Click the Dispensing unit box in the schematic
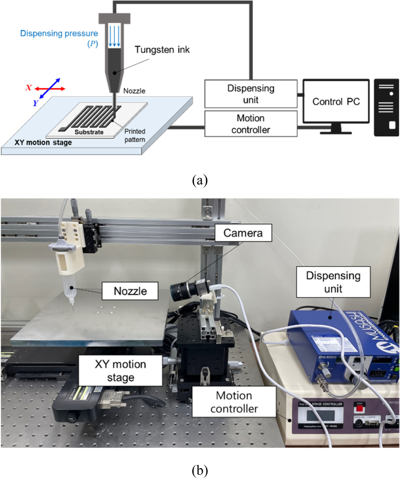coord(251,95)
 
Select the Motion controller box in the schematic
coord(251,124)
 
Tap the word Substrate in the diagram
coord(87,132)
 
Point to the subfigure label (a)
coord(200,181)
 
